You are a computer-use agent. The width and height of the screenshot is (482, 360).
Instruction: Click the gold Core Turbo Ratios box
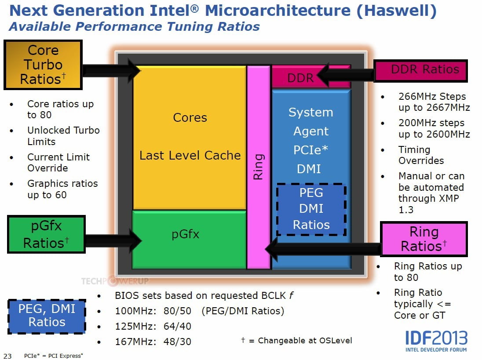[43, 65]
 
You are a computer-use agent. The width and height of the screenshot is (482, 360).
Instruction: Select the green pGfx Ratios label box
[46, 234]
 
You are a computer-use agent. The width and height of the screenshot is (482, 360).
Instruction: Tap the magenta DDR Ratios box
[420, 71]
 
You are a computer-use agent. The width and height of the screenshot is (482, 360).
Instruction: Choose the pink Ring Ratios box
[424, 239]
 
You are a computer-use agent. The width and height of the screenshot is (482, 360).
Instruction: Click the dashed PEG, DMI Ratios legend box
[47, 316]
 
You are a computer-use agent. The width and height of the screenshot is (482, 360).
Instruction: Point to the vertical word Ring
[258, 167]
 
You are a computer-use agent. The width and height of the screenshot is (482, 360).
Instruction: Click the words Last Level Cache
[190, 156]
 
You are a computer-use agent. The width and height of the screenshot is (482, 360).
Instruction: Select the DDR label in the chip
[300, 78]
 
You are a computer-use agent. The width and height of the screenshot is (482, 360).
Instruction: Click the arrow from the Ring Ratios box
[323, 249]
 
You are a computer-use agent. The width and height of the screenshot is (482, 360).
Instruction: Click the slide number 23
[7, 356]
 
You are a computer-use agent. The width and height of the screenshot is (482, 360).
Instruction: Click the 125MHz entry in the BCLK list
[135, 326]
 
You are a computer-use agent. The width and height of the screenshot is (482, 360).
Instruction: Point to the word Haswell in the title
[397, 11]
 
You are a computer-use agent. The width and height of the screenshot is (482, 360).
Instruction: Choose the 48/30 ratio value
[177, 342]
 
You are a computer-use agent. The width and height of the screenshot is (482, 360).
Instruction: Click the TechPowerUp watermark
[115, 281]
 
